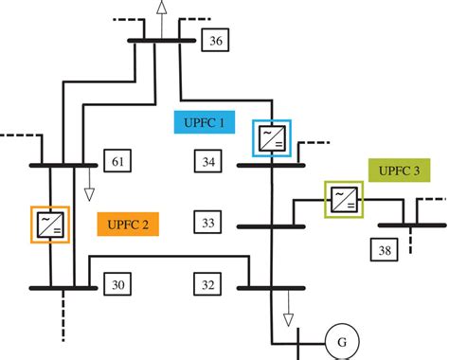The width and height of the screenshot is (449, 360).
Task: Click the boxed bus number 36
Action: click(x=215, y=41)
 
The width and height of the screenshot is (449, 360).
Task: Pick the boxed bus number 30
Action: click(x=115, y=284)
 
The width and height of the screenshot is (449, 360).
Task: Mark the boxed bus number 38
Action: click(x=384, y=251)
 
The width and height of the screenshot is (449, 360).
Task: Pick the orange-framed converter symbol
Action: click(x=49, y=224)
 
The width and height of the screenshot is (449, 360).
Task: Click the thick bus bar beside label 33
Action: click(x=271, y=226)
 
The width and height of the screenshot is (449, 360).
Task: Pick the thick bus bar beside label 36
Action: click(x=161, y=40)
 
